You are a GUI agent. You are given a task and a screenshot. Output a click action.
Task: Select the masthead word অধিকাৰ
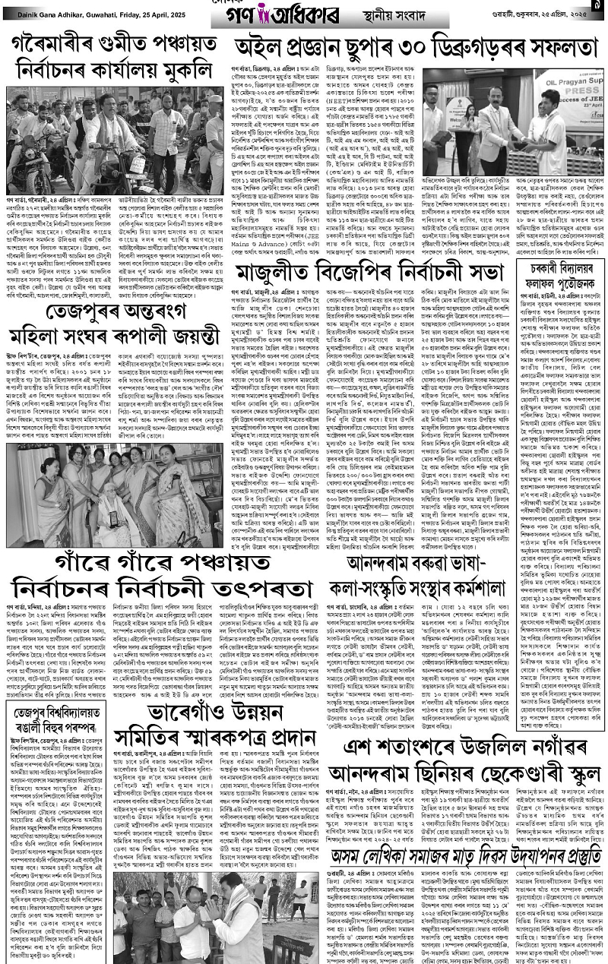point(323,14)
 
